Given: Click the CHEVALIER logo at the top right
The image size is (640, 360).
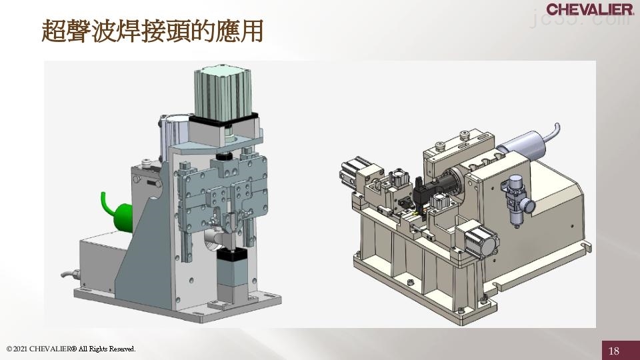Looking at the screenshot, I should tap(589, 9).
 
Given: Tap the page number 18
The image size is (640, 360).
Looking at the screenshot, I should tap(614, 351).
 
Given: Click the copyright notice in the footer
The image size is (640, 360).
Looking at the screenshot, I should tap(71, 349).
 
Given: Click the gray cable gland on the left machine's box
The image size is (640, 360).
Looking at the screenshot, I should tap(70, 273).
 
